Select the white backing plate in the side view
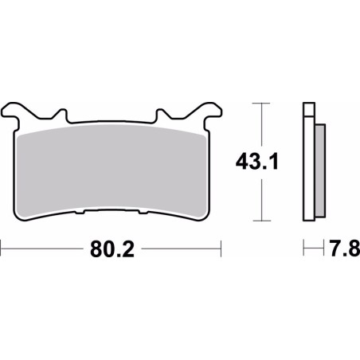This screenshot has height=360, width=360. tap(309, 167)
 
